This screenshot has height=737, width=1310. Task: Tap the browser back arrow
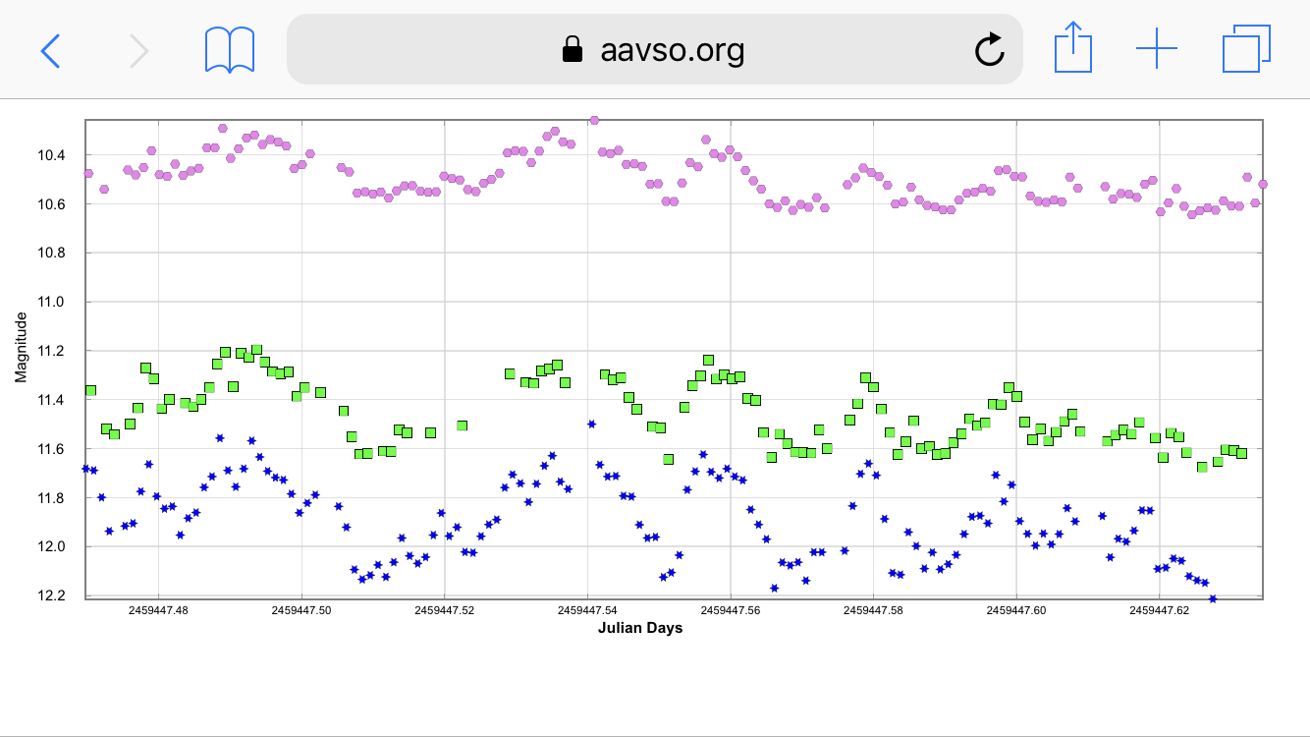[51, 50]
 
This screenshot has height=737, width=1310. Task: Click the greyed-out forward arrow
[138, 50]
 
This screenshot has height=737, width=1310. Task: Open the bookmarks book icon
[230, 50]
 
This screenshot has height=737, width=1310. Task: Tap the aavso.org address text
[672, 49]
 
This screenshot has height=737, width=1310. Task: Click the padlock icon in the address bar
[572, 49]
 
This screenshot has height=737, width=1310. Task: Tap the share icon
[1072, 49]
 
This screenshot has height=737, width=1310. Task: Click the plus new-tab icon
[1157, 49]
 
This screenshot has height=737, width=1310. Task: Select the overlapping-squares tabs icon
[1246, 49]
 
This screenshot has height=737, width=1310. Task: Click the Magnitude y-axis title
[21, 348]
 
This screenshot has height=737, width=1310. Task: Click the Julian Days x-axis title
[639, 628]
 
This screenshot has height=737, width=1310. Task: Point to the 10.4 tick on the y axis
[51, 155]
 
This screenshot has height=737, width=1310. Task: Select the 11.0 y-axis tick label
[51, 302]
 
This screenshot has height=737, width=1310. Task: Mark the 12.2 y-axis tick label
[51, 595]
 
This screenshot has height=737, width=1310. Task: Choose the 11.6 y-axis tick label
[51, 449]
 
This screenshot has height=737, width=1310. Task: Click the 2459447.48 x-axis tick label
[159, 610]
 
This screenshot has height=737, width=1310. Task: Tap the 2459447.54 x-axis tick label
[587, 610]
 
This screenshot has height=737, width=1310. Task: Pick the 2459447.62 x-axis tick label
[1159, 610]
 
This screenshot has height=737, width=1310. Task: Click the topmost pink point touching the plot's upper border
[594, 120]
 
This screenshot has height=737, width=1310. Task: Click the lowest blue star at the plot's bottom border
[1213, 598]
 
